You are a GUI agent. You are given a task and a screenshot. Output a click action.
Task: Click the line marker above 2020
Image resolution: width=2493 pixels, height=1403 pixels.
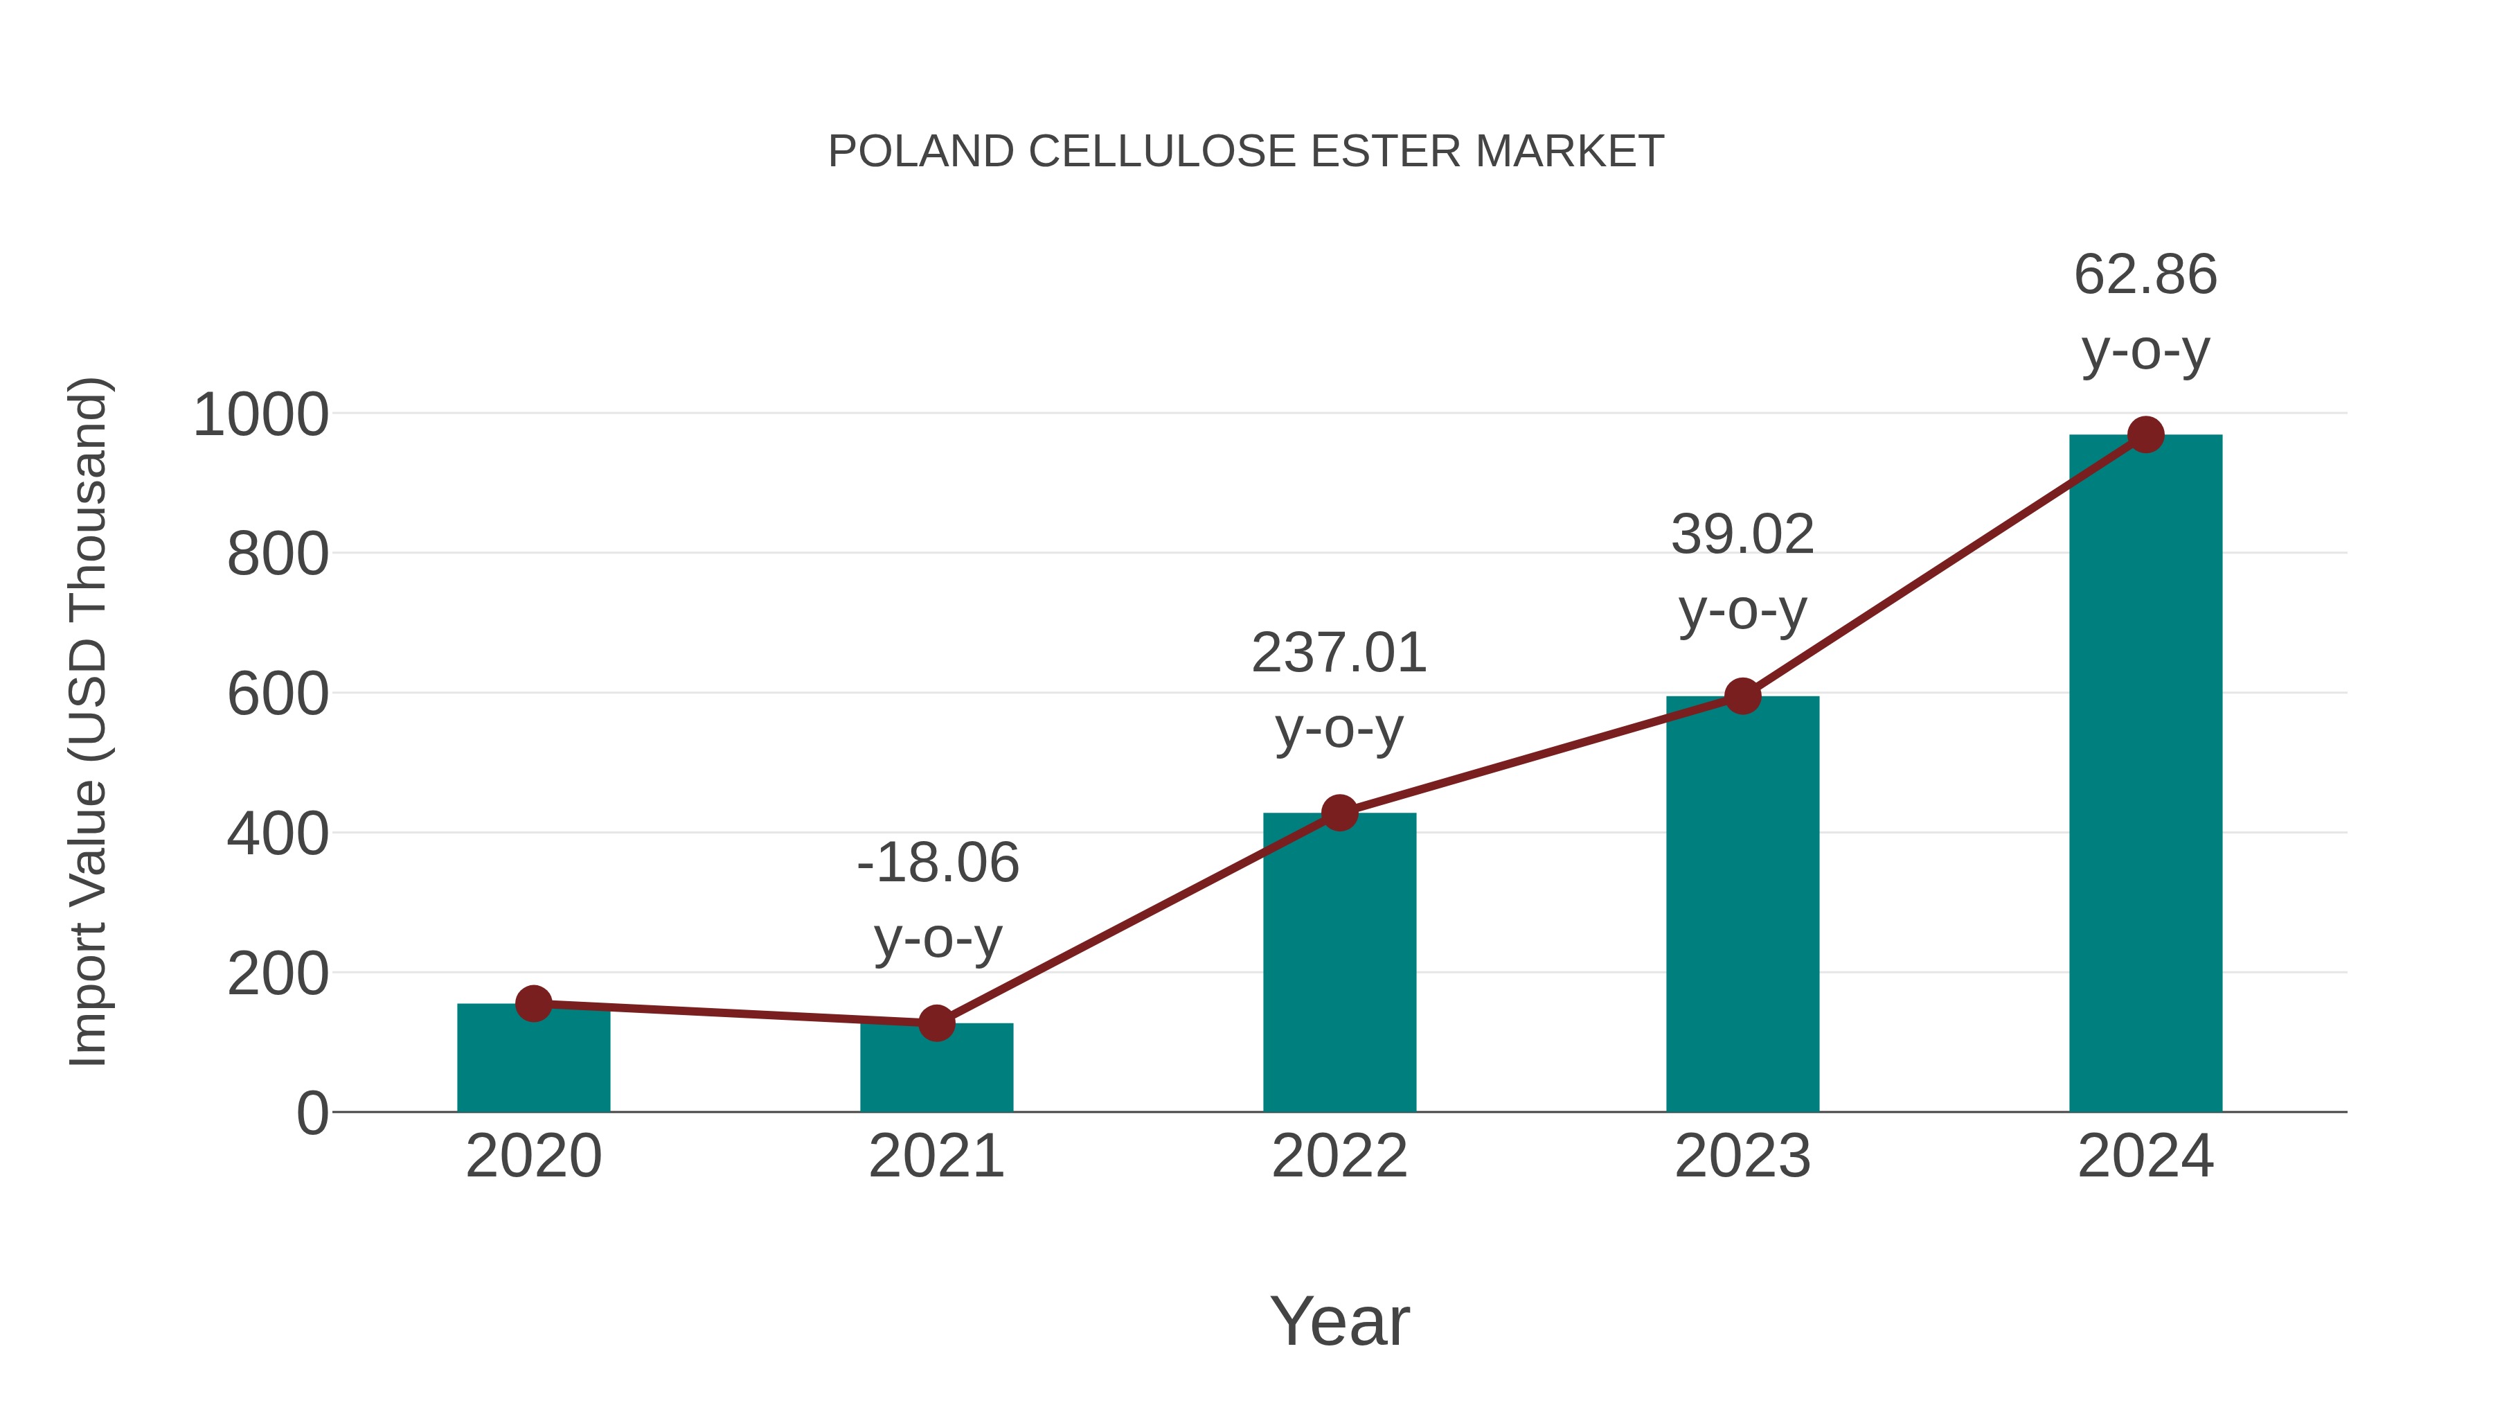(533, 1004)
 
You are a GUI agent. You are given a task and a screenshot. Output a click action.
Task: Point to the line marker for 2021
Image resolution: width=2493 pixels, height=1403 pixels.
(936, 1023)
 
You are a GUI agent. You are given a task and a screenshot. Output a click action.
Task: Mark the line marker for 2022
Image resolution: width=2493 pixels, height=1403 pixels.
(1339, 813)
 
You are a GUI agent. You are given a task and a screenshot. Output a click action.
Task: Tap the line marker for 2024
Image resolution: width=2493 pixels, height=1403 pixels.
(2145, 434)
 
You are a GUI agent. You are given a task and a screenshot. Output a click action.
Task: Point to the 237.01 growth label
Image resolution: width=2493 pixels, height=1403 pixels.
(1339, 653)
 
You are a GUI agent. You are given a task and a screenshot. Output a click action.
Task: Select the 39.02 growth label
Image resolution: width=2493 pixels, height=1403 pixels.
(1742, 534)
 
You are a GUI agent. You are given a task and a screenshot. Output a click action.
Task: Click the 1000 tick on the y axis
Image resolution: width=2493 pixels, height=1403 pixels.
(261, 416)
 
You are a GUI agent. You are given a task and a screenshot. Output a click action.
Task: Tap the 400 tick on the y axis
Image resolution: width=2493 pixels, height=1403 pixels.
(278, 835)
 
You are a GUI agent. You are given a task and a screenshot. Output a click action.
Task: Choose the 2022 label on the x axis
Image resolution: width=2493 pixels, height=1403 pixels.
(1339, 1156)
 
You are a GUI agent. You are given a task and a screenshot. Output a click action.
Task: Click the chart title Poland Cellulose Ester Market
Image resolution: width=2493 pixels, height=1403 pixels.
(1246, 152)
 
